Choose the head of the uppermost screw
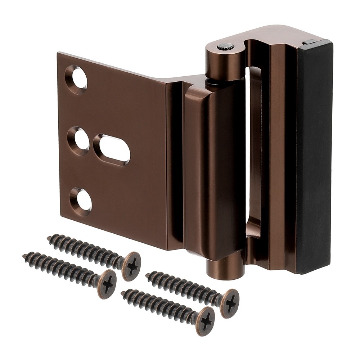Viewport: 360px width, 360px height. (131, 266)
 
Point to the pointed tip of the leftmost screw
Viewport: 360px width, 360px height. (25, 256)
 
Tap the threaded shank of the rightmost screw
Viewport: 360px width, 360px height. (184, 286)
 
